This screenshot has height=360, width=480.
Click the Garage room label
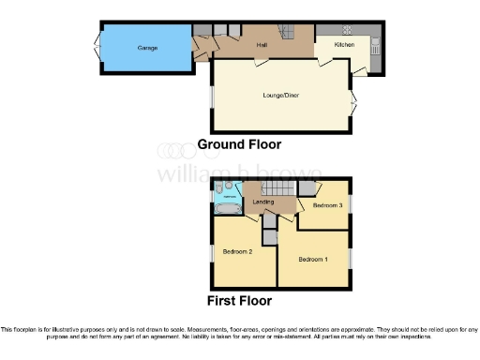147,47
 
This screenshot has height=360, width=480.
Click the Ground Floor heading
239,144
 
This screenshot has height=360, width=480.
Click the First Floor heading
239,301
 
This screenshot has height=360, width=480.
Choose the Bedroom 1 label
312,259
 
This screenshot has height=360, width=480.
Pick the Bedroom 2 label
237,251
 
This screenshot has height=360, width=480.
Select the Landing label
262,202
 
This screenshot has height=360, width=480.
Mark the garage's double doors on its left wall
97,47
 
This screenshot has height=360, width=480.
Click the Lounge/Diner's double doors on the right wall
353,103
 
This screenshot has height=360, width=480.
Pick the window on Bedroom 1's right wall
351,257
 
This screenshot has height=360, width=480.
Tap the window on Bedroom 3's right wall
351,205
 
